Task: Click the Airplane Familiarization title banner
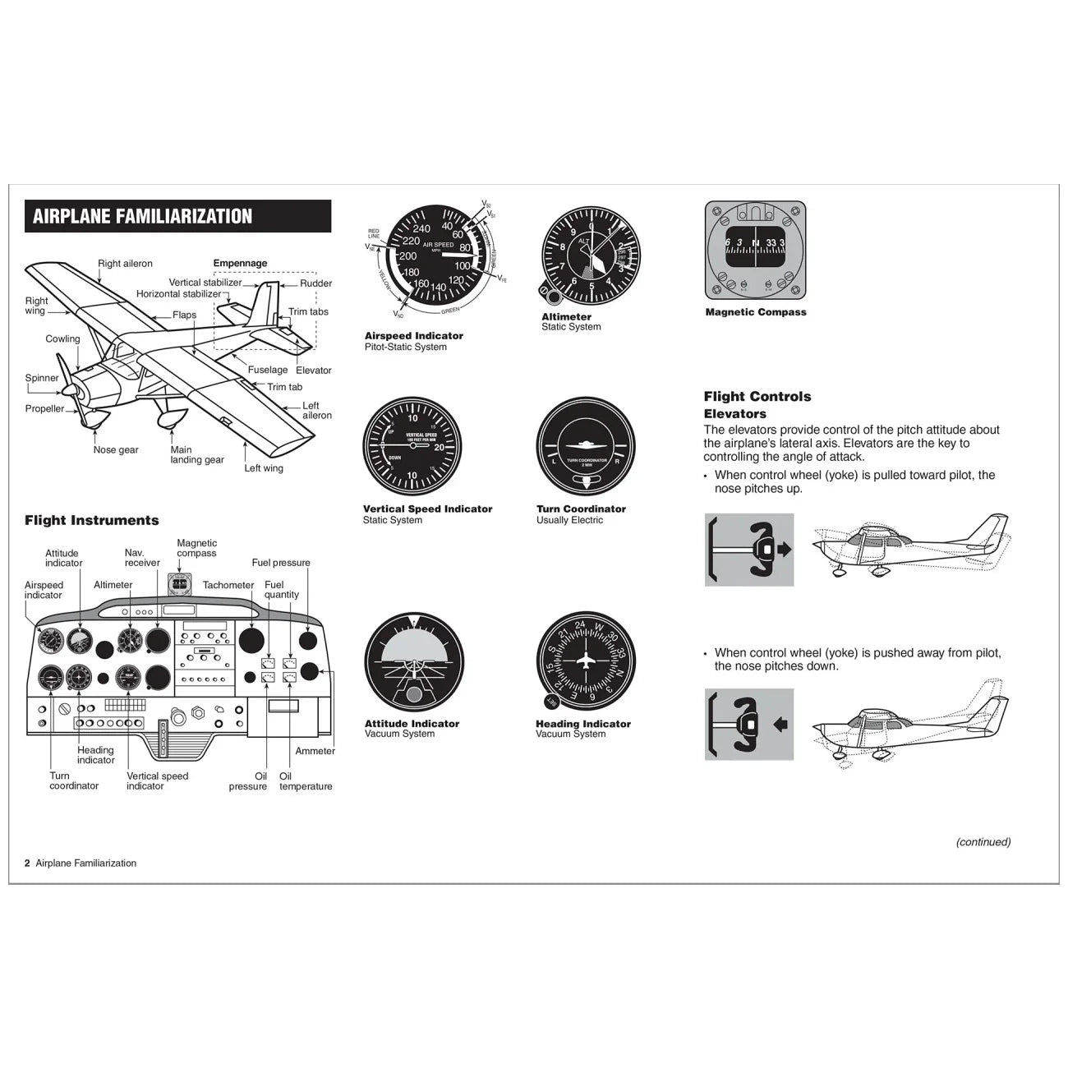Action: coord(177,216)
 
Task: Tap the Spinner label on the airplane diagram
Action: coord(42,378)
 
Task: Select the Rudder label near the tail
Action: coord(315,283)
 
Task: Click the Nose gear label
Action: coord(116,449)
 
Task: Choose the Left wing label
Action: coord(264,468)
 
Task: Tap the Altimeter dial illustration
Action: coord(589,255)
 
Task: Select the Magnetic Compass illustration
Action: coord(755,250)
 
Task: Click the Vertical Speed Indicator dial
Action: coord(412,447)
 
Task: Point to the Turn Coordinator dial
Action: coord(586,447)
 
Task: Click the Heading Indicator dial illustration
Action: coord(586,661)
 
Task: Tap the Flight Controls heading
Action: coord(757,397)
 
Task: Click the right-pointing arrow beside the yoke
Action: coord(784,549)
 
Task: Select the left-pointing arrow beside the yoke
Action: coord(781,725)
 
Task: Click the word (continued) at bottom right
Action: coord(983,842)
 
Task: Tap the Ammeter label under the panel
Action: coord(315,751)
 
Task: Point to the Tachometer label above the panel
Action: coord(228,585)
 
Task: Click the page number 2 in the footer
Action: coord(27,863)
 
